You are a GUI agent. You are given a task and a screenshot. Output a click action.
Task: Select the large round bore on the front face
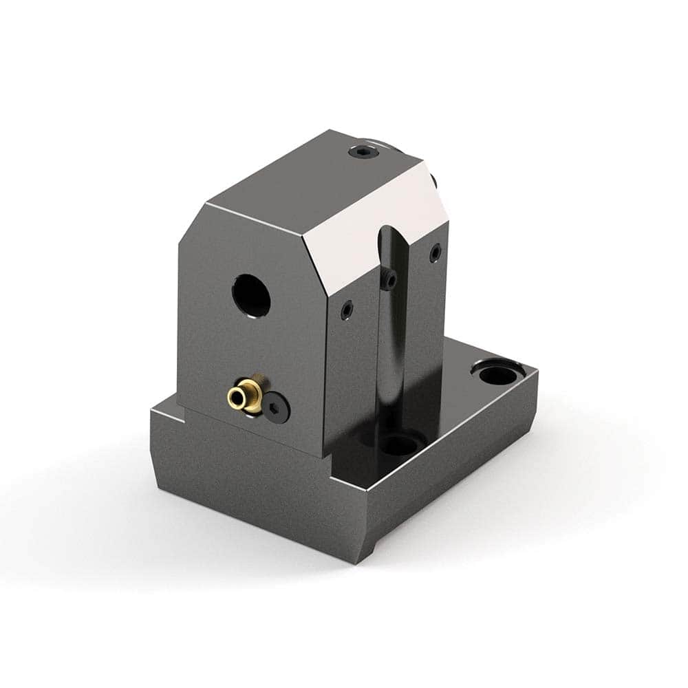pyautogui.click(x=250, y=296)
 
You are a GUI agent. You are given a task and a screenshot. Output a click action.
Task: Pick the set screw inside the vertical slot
pyautogui.click(x=390, y=279)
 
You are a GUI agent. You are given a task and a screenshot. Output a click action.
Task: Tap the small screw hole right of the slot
pyautogui.click(x=435, y=254)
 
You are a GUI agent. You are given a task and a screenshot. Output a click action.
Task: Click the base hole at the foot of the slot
pyautogui.click(x=398, y=444)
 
